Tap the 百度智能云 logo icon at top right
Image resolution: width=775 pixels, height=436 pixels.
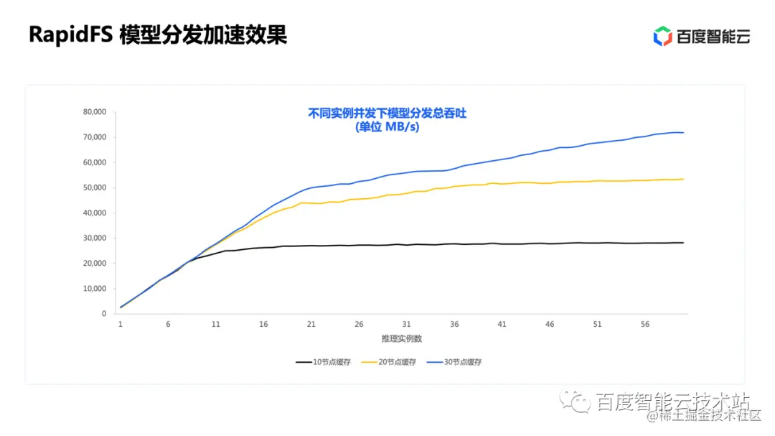point(662,36)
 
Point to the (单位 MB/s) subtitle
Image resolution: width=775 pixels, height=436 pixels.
point(387,127)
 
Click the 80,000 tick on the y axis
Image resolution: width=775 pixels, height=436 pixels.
point(94,112)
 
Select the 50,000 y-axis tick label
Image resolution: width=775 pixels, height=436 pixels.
point(94,187)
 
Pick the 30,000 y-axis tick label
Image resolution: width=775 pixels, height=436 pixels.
point(94,238)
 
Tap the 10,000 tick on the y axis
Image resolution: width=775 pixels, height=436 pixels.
point(94,289)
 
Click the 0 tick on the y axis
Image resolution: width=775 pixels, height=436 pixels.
point(104,314)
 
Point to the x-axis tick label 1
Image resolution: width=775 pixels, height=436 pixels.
point(121,325)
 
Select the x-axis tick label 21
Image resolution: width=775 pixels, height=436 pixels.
point(311,325)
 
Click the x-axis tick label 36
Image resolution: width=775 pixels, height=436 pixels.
point(454,325)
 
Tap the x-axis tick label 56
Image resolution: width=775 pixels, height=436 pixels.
point(645,325)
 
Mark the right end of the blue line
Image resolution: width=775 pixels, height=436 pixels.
point(683,133)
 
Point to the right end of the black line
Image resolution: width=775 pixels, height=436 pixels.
point(683,243)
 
